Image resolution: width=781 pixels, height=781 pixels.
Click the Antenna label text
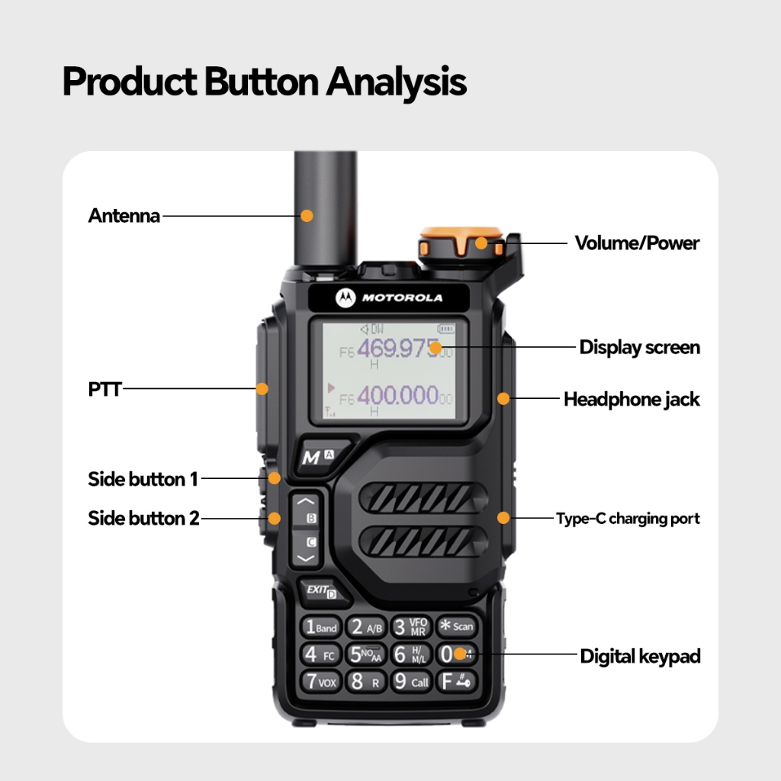pyautogui.click(x=124, y=216)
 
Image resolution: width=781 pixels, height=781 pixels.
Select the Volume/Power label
pyautogui.click(x=637, y=243)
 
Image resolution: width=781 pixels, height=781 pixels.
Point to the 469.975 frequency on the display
pyautogui.click(x=397, y=349)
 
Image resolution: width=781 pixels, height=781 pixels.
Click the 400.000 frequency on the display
pyautogui.click(x=397, y=395)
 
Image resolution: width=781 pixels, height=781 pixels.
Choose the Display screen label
pyautogui.click(x=639, y=348)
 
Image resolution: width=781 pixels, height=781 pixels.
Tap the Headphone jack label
pyautogui.click(x=631, y=399)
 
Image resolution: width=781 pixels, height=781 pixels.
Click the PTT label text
pyautogui.click(x=104, y=389)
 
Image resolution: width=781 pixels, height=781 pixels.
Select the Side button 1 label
pyautogui.click(x=143, y=479)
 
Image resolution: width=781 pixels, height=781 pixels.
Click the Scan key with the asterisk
pyautogui.click(x=455, y=627)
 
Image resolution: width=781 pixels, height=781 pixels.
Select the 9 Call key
pyautogui.click(x=411, y=681)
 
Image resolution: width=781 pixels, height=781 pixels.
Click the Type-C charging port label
pyautogui.click(x=628, y=519)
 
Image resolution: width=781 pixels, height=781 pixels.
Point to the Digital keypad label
pyautogui.click(x=640, y=656)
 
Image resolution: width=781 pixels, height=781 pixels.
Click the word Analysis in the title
pyautogui.click(x=396, y=82)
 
